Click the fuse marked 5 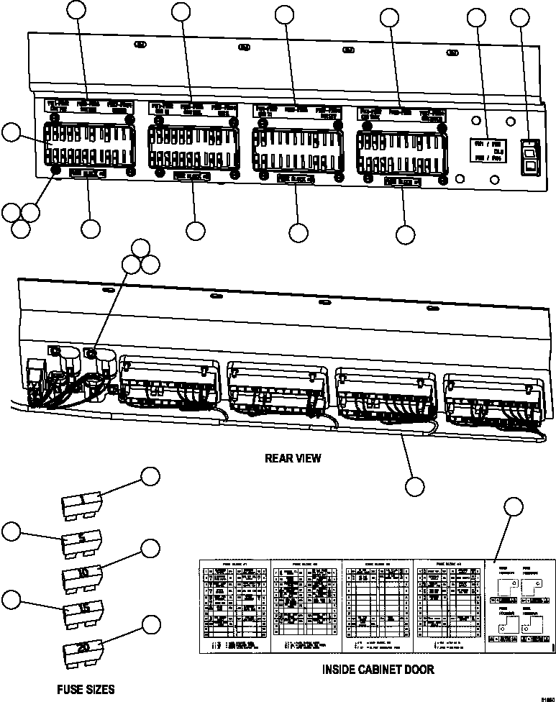pos(81,540)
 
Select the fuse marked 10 pos(82,575)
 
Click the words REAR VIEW pos(293,458)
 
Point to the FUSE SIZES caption pos(86,689)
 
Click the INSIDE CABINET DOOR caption pos(378,670)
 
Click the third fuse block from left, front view pos(296,146)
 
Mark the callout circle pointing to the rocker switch pos(520,19)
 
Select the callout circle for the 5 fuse pos(11,532)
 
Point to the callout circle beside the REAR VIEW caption pos(414,486)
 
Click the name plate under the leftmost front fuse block pos(87,173)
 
